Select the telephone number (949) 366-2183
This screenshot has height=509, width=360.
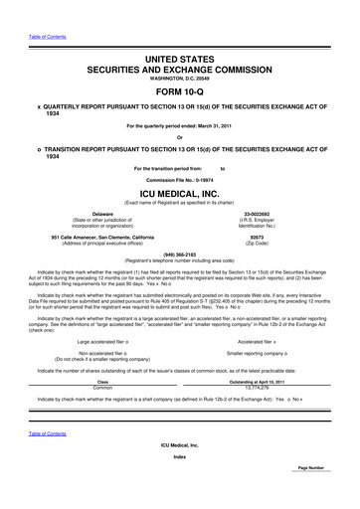tap(179, 254)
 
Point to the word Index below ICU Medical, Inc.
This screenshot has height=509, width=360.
tap(179, 485)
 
